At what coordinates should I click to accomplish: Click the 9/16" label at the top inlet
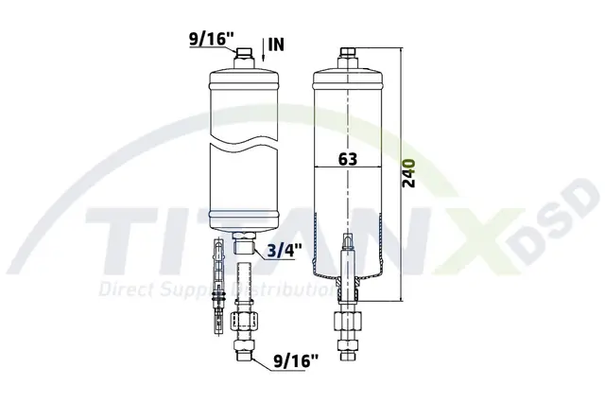point(212,39)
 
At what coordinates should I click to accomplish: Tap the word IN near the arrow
point(276,44)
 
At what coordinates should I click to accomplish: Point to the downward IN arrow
point(263,49)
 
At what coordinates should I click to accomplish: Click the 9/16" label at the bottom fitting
point(296,361)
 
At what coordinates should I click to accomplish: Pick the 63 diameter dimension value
point(347,159)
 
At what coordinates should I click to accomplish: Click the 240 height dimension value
point(409,173)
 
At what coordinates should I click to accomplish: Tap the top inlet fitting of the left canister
point(244,59)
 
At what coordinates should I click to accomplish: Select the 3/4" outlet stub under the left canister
point(244,242)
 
